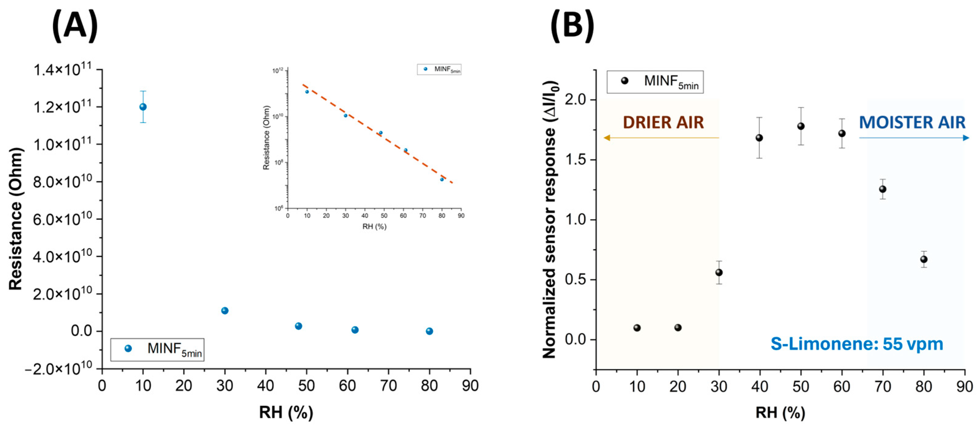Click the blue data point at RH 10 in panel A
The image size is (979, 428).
(143, 107)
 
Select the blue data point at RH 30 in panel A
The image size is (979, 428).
(225, 310)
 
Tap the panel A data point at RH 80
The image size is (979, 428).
(429, 331)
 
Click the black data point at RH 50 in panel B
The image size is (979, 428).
(801, 126)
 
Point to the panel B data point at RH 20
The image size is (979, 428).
(678, 327)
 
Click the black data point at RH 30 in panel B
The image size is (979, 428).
(719, 272)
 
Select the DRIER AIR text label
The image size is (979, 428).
(663, 122)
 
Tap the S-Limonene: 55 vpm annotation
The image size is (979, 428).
(857, 344)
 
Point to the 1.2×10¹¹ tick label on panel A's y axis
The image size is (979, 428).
(63, 107)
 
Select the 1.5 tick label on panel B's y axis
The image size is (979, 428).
(576, 160)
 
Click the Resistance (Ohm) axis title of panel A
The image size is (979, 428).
(16, 219)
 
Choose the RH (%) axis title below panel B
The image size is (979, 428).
(780, 412)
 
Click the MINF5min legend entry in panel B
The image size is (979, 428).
(655, 82)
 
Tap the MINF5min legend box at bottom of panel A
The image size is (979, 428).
(157, 349)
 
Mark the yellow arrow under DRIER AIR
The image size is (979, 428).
(661, 138)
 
